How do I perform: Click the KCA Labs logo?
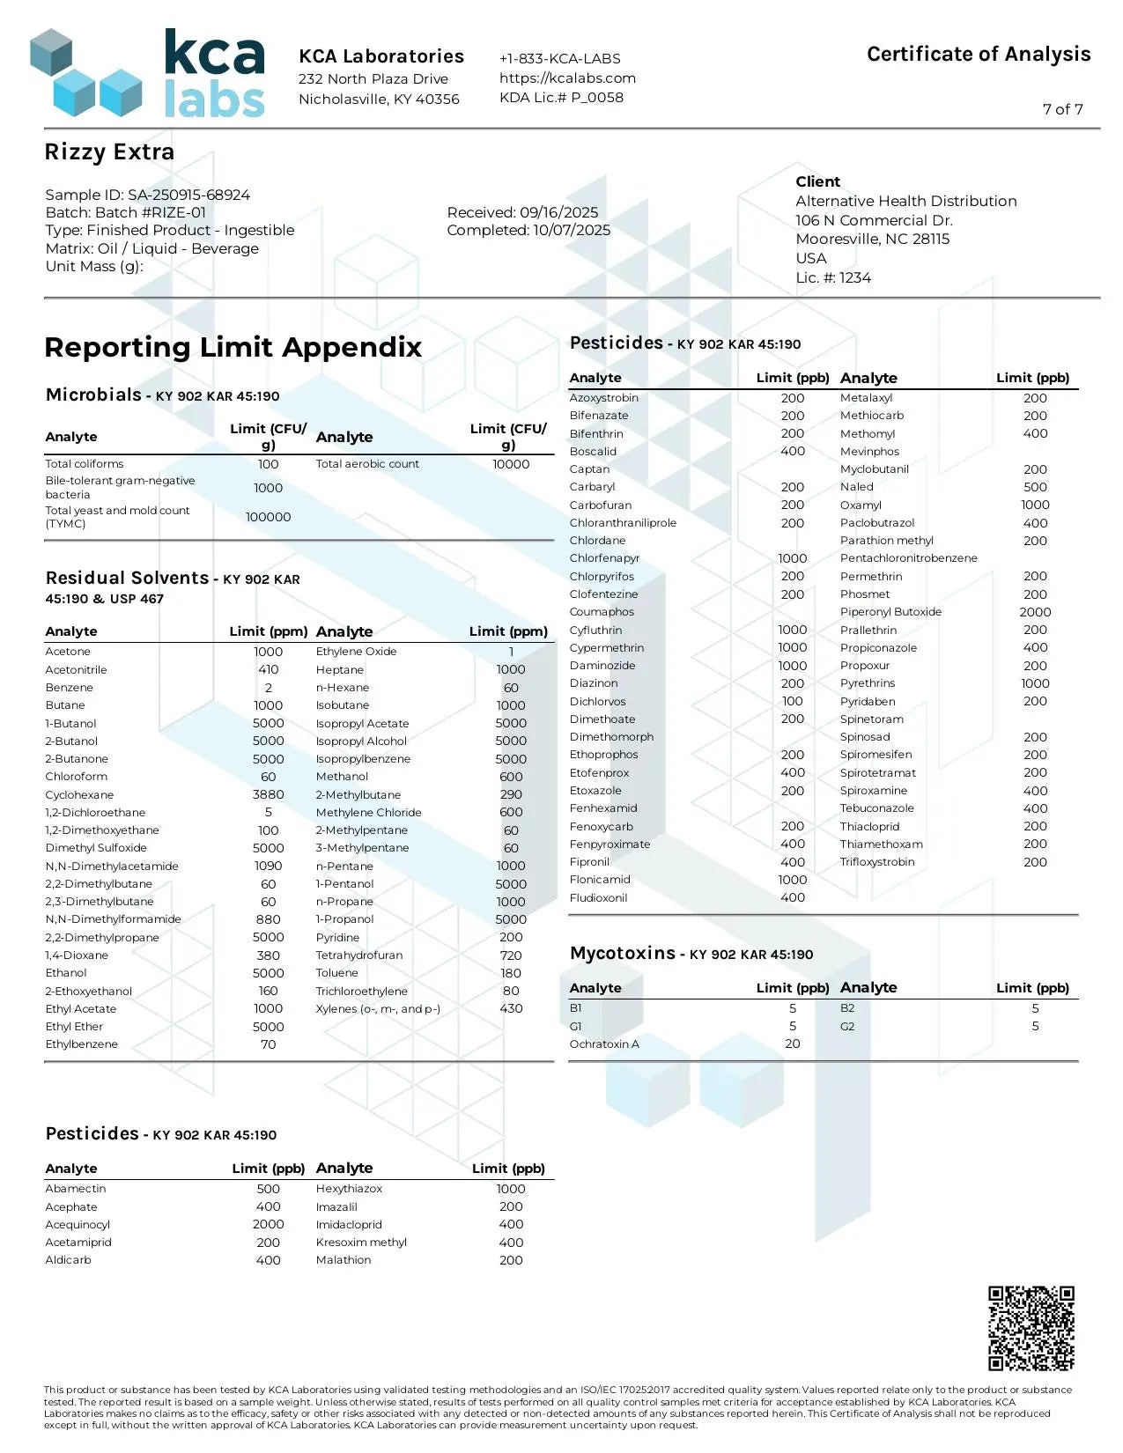click(x=147, y=73)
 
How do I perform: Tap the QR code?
click(x=1031, y=1328)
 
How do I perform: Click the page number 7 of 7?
click(x=1062, y=109)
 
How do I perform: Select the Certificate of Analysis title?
click(x=979, y=55)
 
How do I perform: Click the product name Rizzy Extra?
click(x=109, y=152)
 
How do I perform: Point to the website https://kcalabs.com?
click(x=567, y=77)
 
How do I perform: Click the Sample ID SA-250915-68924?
click(x=188, y=195)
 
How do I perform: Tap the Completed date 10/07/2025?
click(x=571, y=230)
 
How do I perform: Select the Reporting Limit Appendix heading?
click(x=233, y=347)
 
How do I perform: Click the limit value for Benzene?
click(x=268, y=688)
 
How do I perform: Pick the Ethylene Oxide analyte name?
click(x=356, y=652)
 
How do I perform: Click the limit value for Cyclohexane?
click(x=268, y=794)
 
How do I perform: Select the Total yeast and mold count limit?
click(x=268, y=517)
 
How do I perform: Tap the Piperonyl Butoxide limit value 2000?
click(x=1035, y=612)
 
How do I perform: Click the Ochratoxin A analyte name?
click(x=604, y=1044)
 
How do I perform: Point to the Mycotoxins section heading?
click(x=623, y=954)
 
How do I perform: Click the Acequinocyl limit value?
click(x=268, y=1224)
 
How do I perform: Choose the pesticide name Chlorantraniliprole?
click(x=623, y=523)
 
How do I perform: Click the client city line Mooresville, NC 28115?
click(x=872, y=240)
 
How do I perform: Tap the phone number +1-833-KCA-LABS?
click(x=559, y=58)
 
